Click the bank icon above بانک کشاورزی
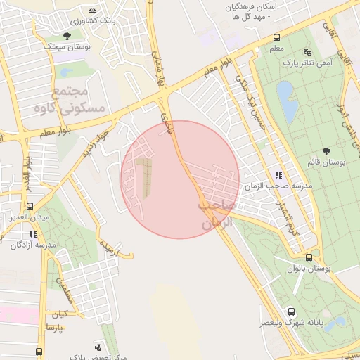point(93,11)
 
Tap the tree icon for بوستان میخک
point(67,36)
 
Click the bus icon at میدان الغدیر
point(30,207)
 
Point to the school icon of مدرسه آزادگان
point(33,234)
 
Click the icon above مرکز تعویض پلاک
point(97,346)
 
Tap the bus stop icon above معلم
point(276,38)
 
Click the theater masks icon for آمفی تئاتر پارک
point(307,52)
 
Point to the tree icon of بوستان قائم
point(326,151)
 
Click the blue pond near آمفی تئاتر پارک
point(285,93)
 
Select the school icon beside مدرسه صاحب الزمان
point(278,175)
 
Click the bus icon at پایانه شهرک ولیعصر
point(291,311)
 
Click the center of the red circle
point(180,179)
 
